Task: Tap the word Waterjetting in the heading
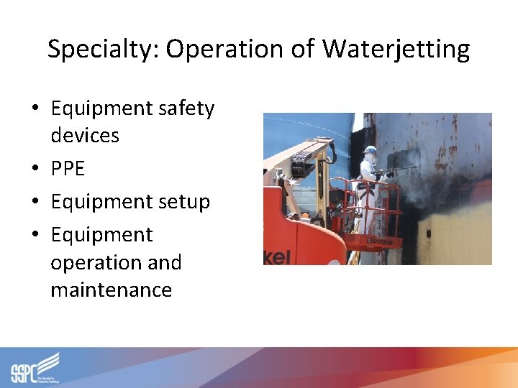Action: [396, 50]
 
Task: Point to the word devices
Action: [85, 135]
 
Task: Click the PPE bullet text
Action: [68, 169]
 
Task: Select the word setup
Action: [185, 202]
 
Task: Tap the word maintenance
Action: [111, 290]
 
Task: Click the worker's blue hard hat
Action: [371, 151]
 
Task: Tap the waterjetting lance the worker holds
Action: [400, 170]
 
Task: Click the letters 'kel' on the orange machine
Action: [276, 257]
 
